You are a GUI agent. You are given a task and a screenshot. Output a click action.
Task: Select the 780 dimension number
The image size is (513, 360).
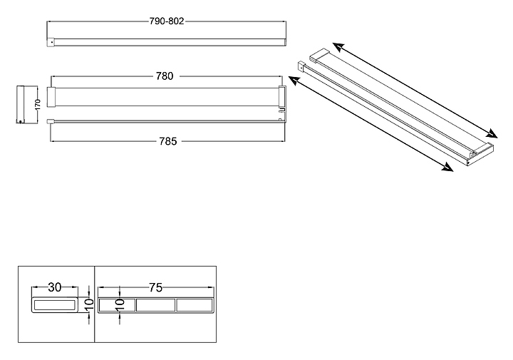click(x=164, y=76)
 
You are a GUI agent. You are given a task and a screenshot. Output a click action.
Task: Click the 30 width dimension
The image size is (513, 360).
click(x=55, y=287)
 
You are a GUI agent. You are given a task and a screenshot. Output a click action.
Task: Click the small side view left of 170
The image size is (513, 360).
click(x=21, y=105)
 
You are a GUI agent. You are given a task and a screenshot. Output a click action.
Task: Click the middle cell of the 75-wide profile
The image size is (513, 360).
click(x=155, y=306)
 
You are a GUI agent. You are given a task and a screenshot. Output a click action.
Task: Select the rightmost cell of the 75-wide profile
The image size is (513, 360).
click(x=194, y=306)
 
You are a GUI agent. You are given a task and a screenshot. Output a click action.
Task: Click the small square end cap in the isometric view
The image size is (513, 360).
click(x=300, y=68)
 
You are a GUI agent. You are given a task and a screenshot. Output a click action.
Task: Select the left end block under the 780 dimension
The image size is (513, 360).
click(x=51, y=97)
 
